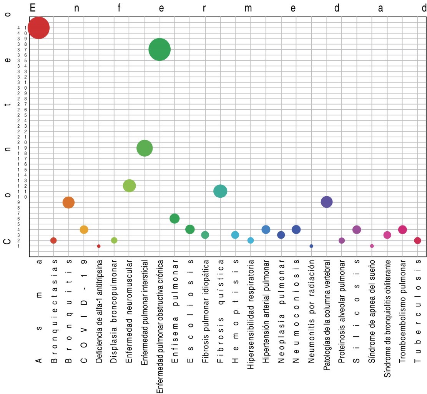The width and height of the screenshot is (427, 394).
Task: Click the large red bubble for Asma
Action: (38, 28)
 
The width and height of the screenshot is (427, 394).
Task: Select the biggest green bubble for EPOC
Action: (160, 50)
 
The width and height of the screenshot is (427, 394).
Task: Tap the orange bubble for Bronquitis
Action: (68, 202)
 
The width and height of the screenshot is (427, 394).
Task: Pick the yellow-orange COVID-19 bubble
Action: (84, 229)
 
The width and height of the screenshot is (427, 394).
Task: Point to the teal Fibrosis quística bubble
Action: (220, 191)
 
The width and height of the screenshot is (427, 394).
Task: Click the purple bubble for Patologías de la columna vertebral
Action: (326, 202)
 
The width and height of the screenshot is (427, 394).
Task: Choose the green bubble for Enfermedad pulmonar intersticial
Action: (145, 148)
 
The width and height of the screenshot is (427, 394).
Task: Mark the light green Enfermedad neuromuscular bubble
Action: (129, 186)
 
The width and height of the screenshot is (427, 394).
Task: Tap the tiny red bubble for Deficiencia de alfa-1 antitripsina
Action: (99, 246)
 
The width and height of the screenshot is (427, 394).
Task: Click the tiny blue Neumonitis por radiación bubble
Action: (311, 246)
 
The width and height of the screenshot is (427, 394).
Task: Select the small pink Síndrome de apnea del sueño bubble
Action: (372, 246)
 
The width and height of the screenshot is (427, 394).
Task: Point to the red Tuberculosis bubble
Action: (417, 240)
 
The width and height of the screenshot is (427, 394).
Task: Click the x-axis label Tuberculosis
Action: (417, 312)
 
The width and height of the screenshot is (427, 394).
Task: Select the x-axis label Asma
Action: (38, 312)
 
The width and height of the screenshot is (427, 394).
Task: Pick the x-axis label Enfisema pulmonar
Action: (175, 312)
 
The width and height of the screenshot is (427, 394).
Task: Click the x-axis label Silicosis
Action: (357, 312)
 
